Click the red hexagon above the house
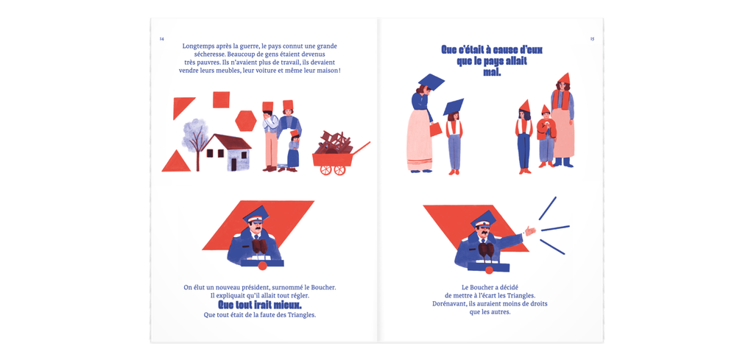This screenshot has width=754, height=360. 246,120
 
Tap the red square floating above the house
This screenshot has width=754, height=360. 221,99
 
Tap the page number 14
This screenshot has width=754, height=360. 162,39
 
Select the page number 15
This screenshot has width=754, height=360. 592,39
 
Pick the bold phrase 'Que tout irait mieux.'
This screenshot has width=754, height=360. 260,306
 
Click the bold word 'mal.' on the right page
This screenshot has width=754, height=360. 492,73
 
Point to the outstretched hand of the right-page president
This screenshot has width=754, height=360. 530,230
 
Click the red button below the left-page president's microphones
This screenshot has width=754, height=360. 262,266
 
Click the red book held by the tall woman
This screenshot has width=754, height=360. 436,130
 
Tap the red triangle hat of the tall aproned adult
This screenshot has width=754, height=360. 564,78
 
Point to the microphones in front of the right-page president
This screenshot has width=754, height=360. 486,251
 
